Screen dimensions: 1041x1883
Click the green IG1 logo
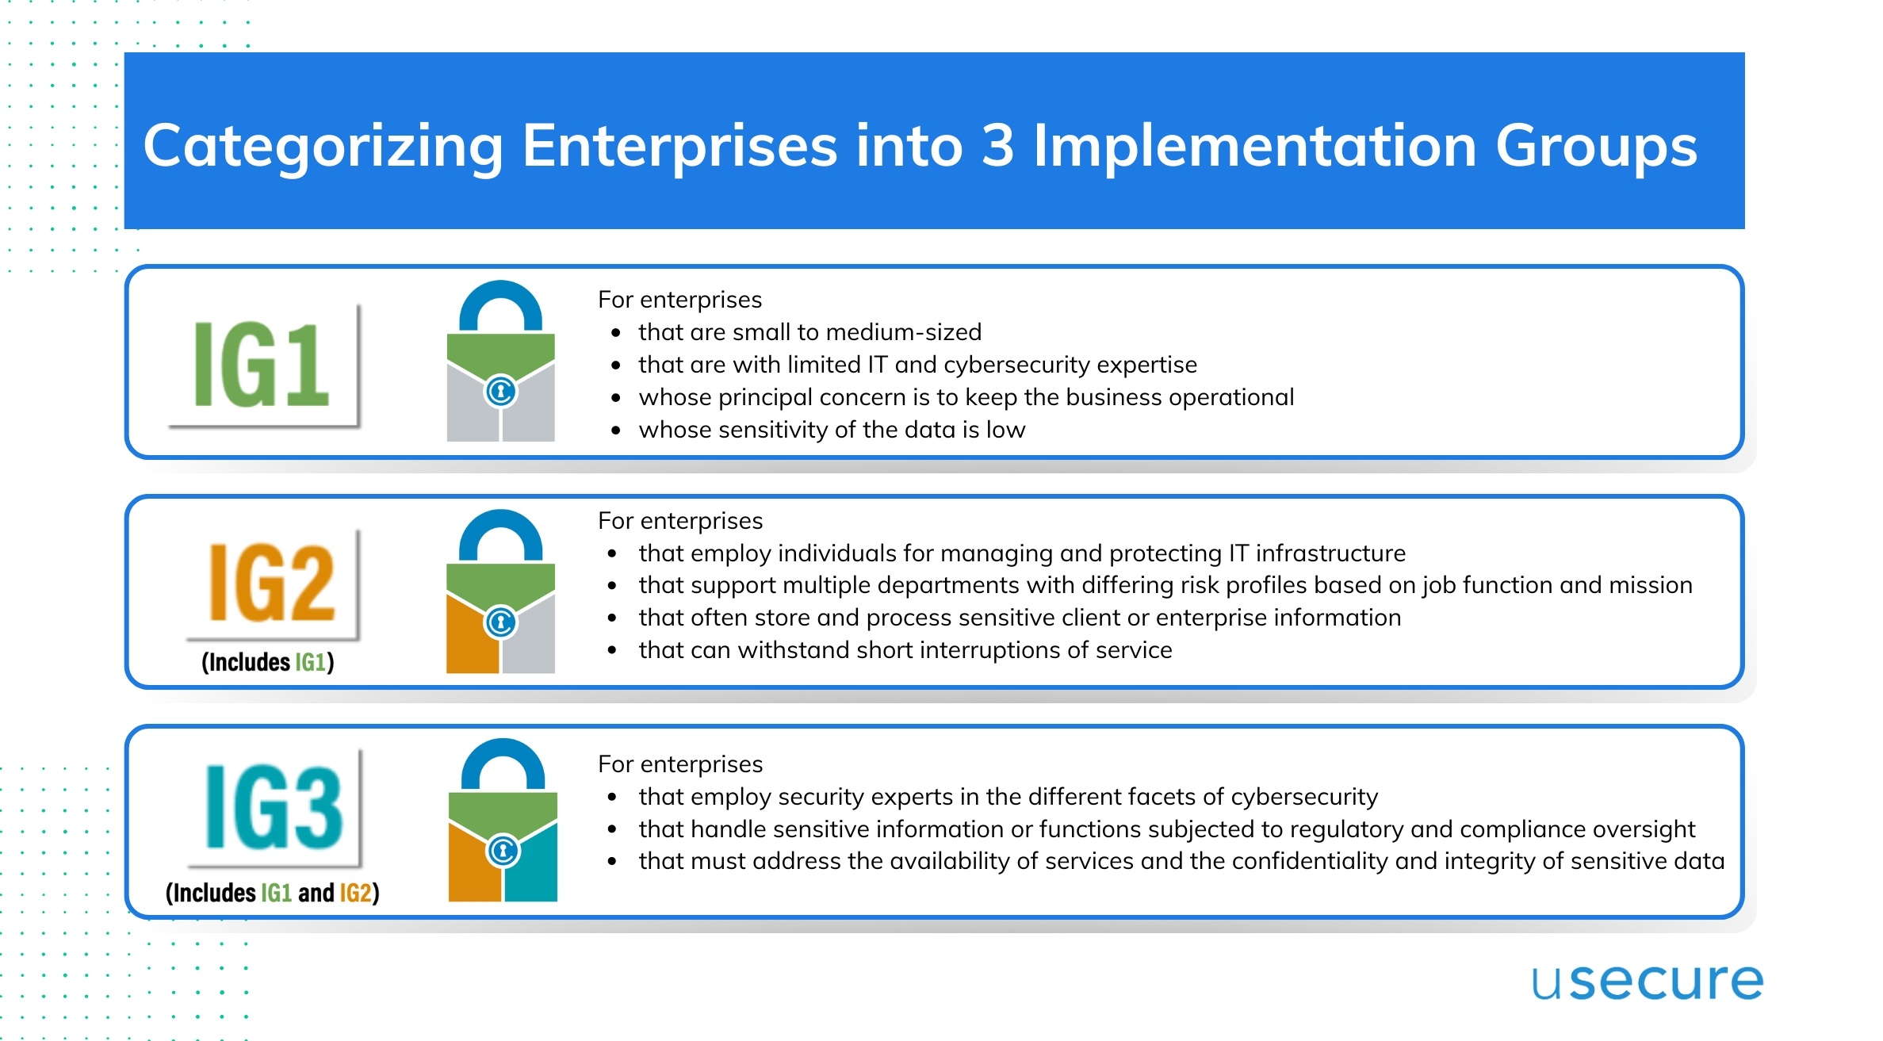(262, 365)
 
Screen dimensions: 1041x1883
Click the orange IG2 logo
(271, 584)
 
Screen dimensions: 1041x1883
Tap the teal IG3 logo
(274, 808)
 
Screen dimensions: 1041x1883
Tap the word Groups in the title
(1596, 147)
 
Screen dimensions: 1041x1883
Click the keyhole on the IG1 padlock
(500, 391)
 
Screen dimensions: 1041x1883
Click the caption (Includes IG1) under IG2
(268, 662)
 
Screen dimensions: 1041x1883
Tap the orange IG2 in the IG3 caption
(355, 893)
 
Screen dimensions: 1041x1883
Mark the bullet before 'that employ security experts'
(612, 797)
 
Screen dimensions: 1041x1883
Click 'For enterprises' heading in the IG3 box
(680, 764)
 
